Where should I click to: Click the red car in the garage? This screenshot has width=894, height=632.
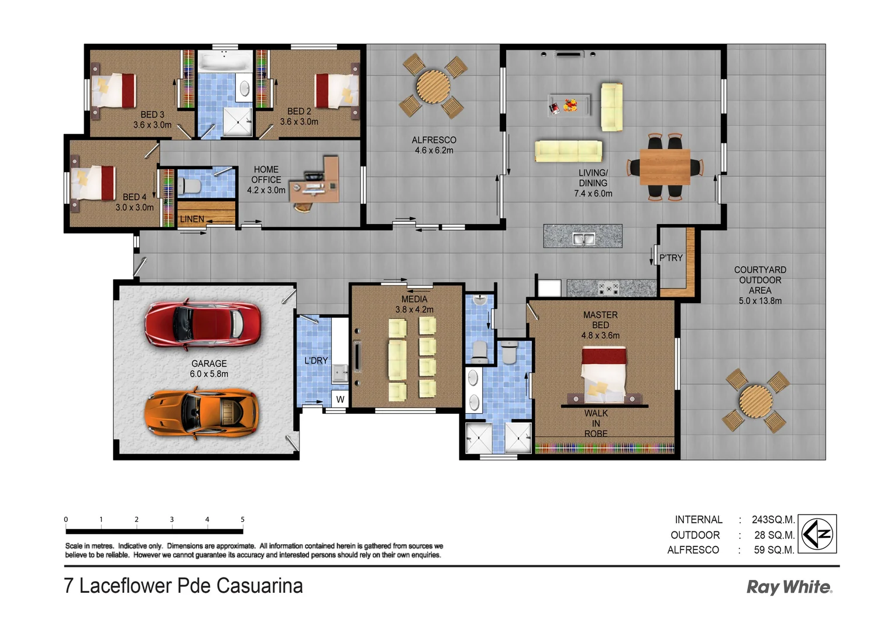(x=202, y=324)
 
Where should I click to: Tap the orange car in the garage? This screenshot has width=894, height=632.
(x=201, y=411)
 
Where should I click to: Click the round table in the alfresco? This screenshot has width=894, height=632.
(x=433, y=87)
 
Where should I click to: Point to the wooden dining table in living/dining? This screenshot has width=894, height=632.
(x=665, y=167)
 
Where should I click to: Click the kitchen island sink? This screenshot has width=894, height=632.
(x=583, y=239)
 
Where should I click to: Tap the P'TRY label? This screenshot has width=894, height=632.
(x=670, y=257)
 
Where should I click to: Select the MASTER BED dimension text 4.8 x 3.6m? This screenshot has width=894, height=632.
(x=600, y=335)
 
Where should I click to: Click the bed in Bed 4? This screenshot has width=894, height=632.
(x=94, y=183)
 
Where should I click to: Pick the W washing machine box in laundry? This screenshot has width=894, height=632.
(x=340, y=400)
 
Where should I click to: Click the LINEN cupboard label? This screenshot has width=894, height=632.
(x=192, y=219)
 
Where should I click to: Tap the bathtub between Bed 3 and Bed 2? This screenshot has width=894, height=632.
(x=225, y=61)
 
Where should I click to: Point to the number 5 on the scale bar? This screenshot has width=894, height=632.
(x=242, y=519)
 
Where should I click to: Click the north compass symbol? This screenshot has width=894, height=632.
(x=817, y=533)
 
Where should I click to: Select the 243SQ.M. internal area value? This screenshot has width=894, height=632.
(x=773, y=520)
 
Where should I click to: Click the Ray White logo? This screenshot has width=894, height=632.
(x=789, y=587)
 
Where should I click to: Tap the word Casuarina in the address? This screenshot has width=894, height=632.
(x=259, y=586)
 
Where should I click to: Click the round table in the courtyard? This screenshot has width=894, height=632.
(x=755, y=401)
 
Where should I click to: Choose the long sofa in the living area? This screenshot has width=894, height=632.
(x=568, y=151)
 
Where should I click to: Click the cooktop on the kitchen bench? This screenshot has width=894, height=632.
(x=608, y=288)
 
